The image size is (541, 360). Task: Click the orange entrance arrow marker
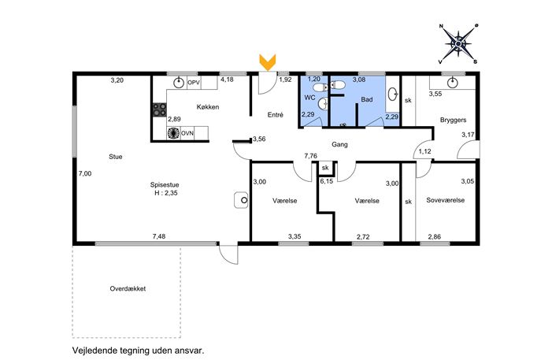[268, 62]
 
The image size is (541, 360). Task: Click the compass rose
[458, 44]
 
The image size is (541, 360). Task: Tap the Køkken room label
[208, 107]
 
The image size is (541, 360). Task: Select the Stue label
[116, 157]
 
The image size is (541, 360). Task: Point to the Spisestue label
[165, 185]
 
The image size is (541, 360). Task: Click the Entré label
[276, 115]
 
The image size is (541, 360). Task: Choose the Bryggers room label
[453, 121]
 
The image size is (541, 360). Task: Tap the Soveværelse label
[446, 200]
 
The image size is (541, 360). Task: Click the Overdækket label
[128, 288]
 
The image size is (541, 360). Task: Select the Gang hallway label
[339, 145]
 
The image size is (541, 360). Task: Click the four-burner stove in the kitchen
[159, 109]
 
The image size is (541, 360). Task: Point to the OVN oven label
[187, 133]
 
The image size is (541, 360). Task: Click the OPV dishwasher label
[194, 83]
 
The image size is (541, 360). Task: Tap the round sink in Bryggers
[452, 83]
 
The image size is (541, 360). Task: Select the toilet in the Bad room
[338, 84]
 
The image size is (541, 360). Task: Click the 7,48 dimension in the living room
[159, 236]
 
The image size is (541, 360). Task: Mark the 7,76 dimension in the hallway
[310, 156]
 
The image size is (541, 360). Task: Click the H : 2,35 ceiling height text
[166, 193]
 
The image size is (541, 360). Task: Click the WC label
[309, 98]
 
